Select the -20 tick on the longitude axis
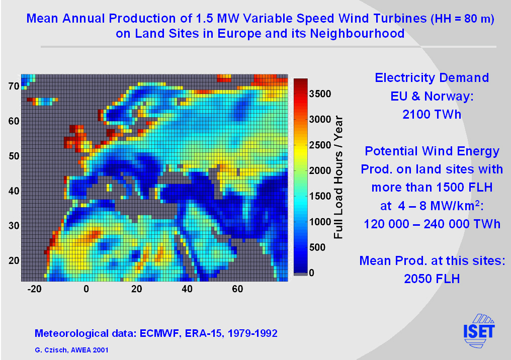(34, 289)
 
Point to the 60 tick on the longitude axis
(237, 289)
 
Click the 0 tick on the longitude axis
(86, 289)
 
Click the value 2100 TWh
(432, 114)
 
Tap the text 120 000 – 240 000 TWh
(432, 224)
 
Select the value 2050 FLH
(432, 279)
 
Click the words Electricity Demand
(432, 78)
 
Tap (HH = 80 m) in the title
(462, 20)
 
